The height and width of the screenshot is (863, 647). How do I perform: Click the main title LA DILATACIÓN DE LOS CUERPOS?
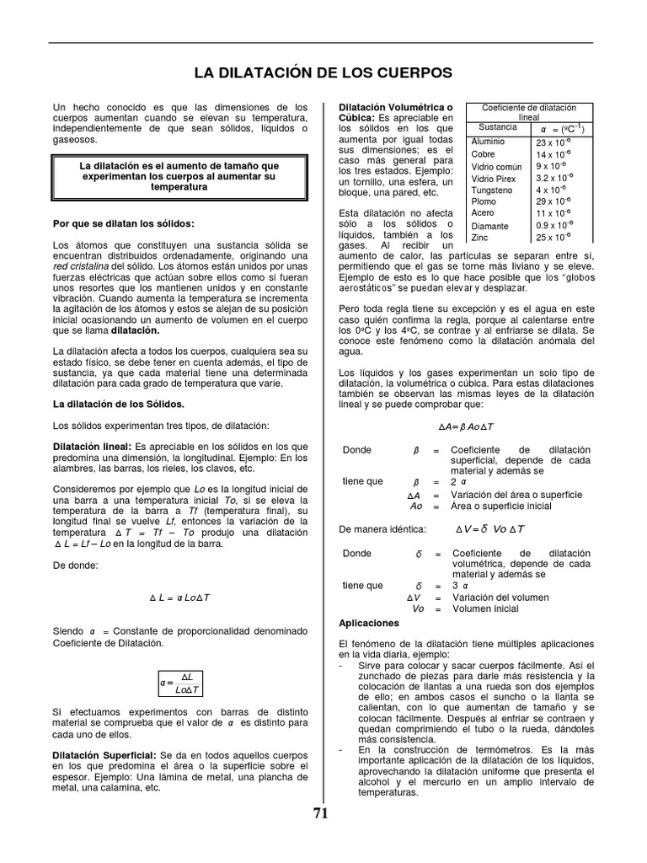(x=323, y=72)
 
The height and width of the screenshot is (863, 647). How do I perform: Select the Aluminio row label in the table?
(x=488, y=142)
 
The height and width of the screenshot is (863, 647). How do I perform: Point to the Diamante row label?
(x=489, y=226)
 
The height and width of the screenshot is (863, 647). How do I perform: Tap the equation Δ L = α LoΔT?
(x=180, y=598)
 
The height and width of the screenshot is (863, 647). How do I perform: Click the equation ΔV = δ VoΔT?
(x=489, y=528)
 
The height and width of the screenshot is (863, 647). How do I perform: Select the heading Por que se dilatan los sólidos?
(x=123, y=223)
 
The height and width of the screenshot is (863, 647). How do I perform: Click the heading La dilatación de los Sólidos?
(x=118, y=405)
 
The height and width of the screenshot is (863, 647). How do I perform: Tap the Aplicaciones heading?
(x=368, y=623)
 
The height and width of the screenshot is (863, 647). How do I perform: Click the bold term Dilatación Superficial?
(x=104, y=754)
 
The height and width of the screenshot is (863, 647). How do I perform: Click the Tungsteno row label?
(x=492, y=190)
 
